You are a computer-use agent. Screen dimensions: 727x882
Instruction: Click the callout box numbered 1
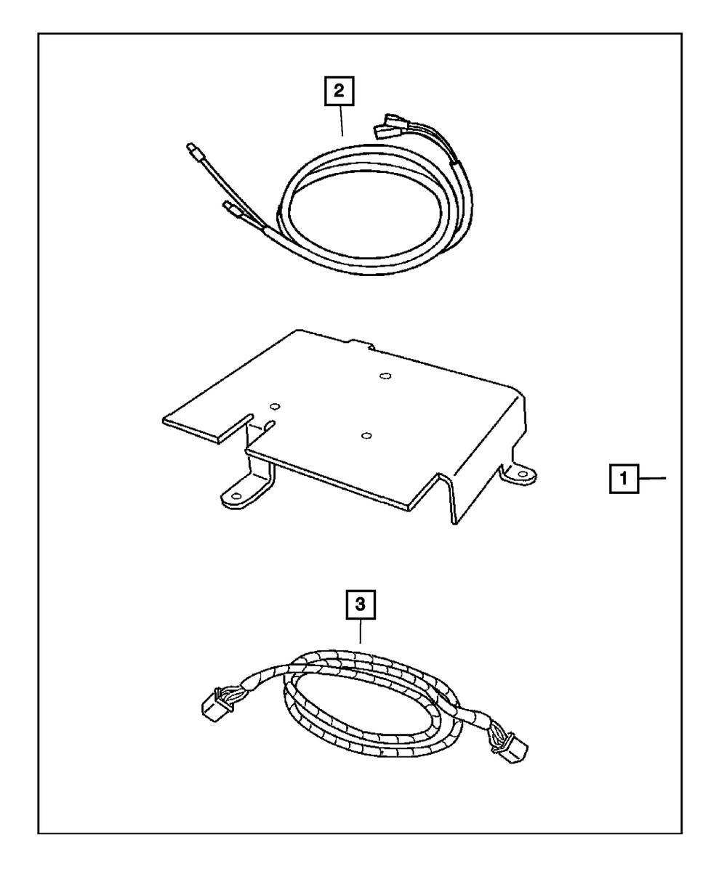point(624,480)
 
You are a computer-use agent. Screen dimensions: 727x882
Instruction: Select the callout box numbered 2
point(339,92)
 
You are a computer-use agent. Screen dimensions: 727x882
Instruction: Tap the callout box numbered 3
point(361,604)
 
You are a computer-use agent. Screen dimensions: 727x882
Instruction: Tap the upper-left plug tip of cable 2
point(193,151)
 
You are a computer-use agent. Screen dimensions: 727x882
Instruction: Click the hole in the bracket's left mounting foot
point(235,498)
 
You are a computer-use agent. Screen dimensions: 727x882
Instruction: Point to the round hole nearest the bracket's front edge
point(366,435)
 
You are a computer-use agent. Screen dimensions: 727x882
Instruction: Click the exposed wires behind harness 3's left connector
point(233,697)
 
